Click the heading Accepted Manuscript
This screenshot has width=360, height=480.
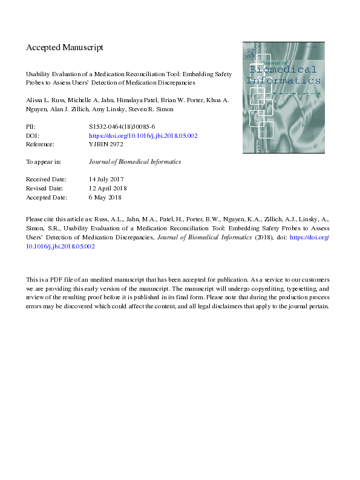(65, 47)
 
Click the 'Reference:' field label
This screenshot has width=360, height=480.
(40, 144)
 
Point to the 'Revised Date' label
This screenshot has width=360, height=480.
(46, 188)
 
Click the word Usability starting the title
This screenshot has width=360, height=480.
(40, 71)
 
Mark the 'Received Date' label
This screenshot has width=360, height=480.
(47, 180)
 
